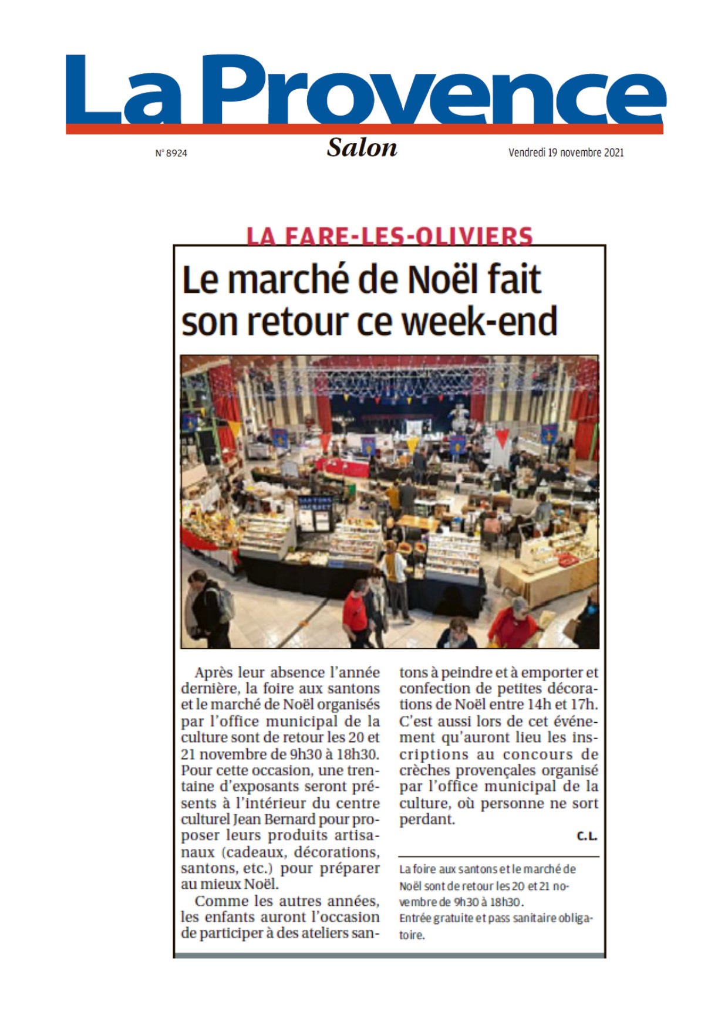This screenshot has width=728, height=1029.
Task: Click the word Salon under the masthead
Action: [362, 148]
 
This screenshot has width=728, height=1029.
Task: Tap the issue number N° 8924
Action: [171, 153]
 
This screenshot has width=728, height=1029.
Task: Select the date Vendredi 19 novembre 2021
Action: [565, 153]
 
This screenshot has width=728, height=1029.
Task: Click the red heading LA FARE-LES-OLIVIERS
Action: [389, 236]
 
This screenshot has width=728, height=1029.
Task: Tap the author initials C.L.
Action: [587, 836]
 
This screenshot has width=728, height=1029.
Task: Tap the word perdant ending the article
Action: [426, 820]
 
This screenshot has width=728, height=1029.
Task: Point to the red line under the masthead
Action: [364, 129]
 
